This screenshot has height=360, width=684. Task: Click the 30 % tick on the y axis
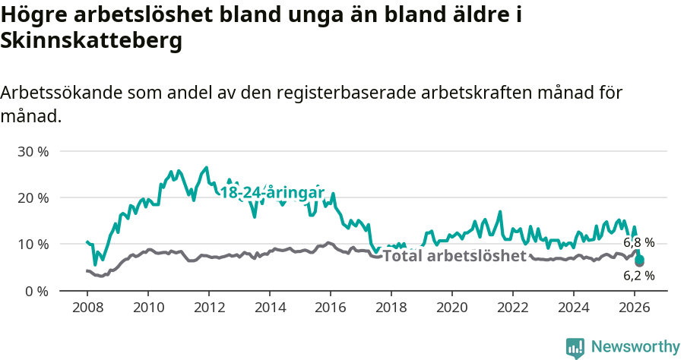(33, 151)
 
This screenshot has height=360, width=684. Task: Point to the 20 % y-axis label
(33, 197)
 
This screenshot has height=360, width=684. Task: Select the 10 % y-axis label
(33, 244)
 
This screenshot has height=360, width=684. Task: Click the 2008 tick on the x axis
(87, 309)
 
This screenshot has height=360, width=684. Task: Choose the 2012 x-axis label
(208, 309)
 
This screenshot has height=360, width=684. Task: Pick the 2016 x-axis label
(331, 309)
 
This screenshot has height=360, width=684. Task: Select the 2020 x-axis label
(452, 309)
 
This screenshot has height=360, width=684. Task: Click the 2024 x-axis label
(574, 309)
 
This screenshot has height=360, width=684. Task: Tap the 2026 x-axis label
(635, 309)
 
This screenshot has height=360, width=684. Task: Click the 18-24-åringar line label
(273, 193)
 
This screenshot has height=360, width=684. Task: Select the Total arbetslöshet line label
(454, 256)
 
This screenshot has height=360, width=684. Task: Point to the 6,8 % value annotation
(638, 243)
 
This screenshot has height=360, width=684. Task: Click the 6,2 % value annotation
(638, 276)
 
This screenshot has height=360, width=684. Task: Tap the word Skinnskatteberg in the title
(92, 42)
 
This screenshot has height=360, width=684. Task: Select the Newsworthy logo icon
(575, 348)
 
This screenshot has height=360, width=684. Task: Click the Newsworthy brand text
(635, 347)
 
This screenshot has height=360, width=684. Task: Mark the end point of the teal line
(640, 260)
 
